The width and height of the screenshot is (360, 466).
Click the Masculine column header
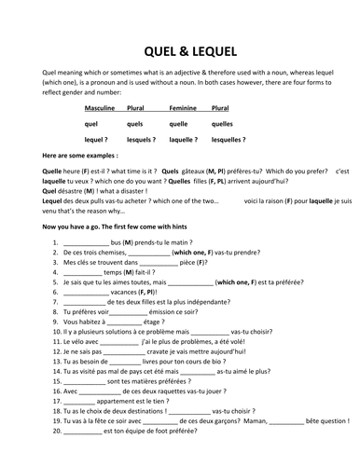click(100, 108)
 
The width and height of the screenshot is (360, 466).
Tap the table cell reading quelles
click(228, 123)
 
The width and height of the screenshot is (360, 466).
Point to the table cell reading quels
click(138, 123)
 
